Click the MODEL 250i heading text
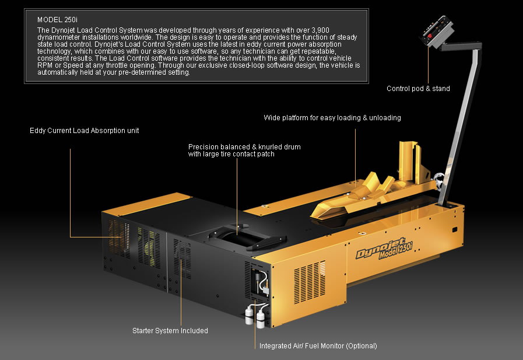point(57,20)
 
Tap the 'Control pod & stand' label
point(418,89)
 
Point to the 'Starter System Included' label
point(170,331)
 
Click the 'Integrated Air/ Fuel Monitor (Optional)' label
point(318,345)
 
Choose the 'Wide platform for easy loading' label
point(332,118)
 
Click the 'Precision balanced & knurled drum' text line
point(244,147)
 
